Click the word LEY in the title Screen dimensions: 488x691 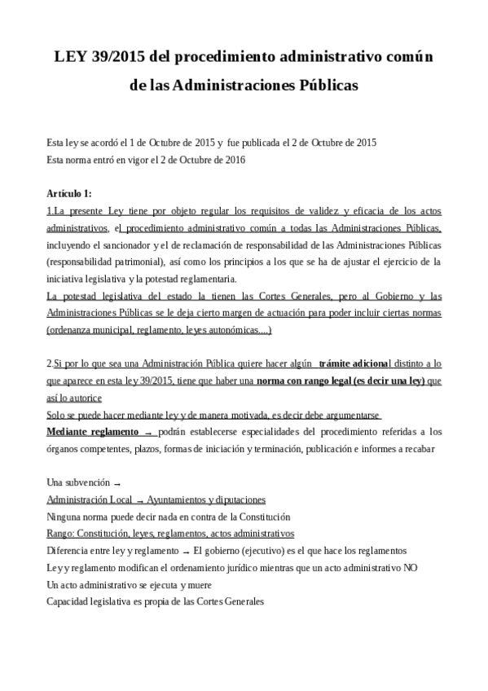point(72,57)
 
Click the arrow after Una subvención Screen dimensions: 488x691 point(118,482)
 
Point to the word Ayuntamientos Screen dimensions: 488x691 point(182,500)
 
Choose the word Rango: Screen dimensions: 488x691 point(63,533)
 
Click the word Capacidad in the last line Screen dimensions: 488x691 point(70,601)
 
